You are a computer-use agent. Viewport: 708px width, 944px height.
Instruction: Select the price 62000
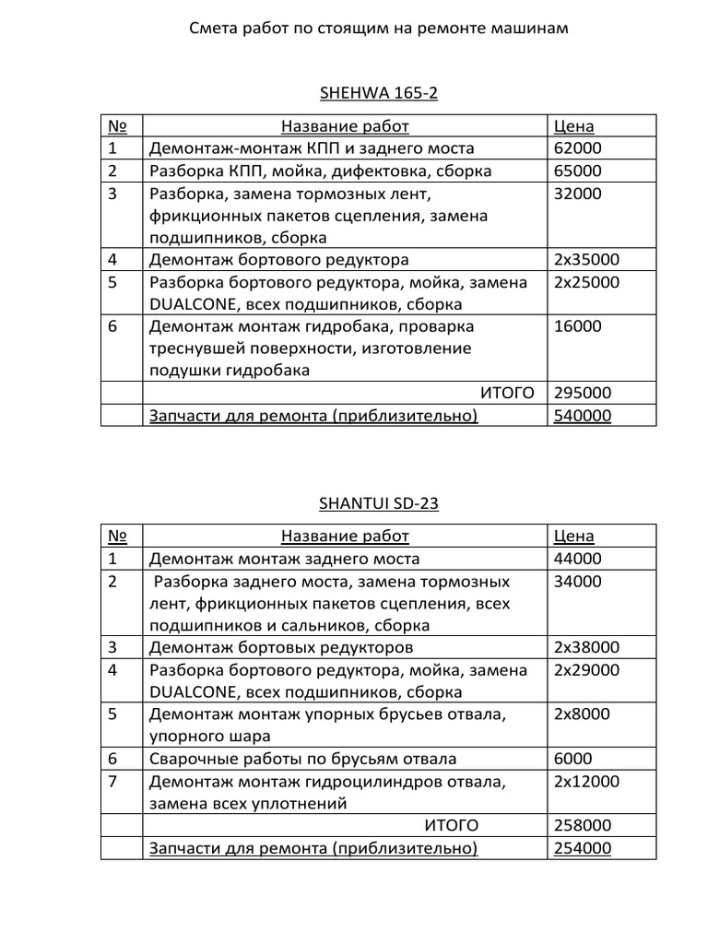(577, 148)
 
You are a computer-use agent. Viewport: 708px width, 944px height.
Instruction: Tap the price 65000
(577, 171)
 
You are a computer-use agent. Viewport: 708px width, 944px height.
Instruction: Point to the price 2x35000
(586, 260)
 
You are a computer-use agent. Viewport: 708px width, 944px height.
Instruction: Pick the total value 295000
(582, 394)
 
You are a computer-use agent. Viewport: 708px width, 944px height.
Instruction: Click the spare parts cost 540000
(582, 416)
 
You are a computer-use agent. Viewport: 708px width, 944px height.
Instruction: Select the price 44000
(577, 559)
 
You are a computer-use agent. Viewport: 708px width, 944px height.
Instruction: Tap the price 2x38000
(586, 647)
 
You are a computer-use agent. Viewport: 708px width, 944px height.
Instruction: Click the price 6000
(572, 760)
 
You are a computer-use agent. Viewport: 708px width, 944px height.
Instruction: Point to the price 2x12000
(586, 782)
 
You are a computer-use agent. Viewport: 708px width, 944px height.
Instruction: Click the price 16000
(577, 326)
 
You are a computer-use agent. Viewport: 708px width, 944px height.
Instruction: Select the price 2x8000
(582, 714)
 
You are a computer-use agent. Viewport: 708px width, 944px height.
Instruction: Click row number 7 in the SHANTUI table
(112, 782)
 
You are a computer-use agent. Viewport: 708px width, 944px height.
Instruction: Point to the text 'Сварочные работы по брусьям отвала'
(302, 760)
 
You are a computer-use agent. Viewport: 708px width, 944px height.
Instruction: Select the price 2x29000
(586, 670)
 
